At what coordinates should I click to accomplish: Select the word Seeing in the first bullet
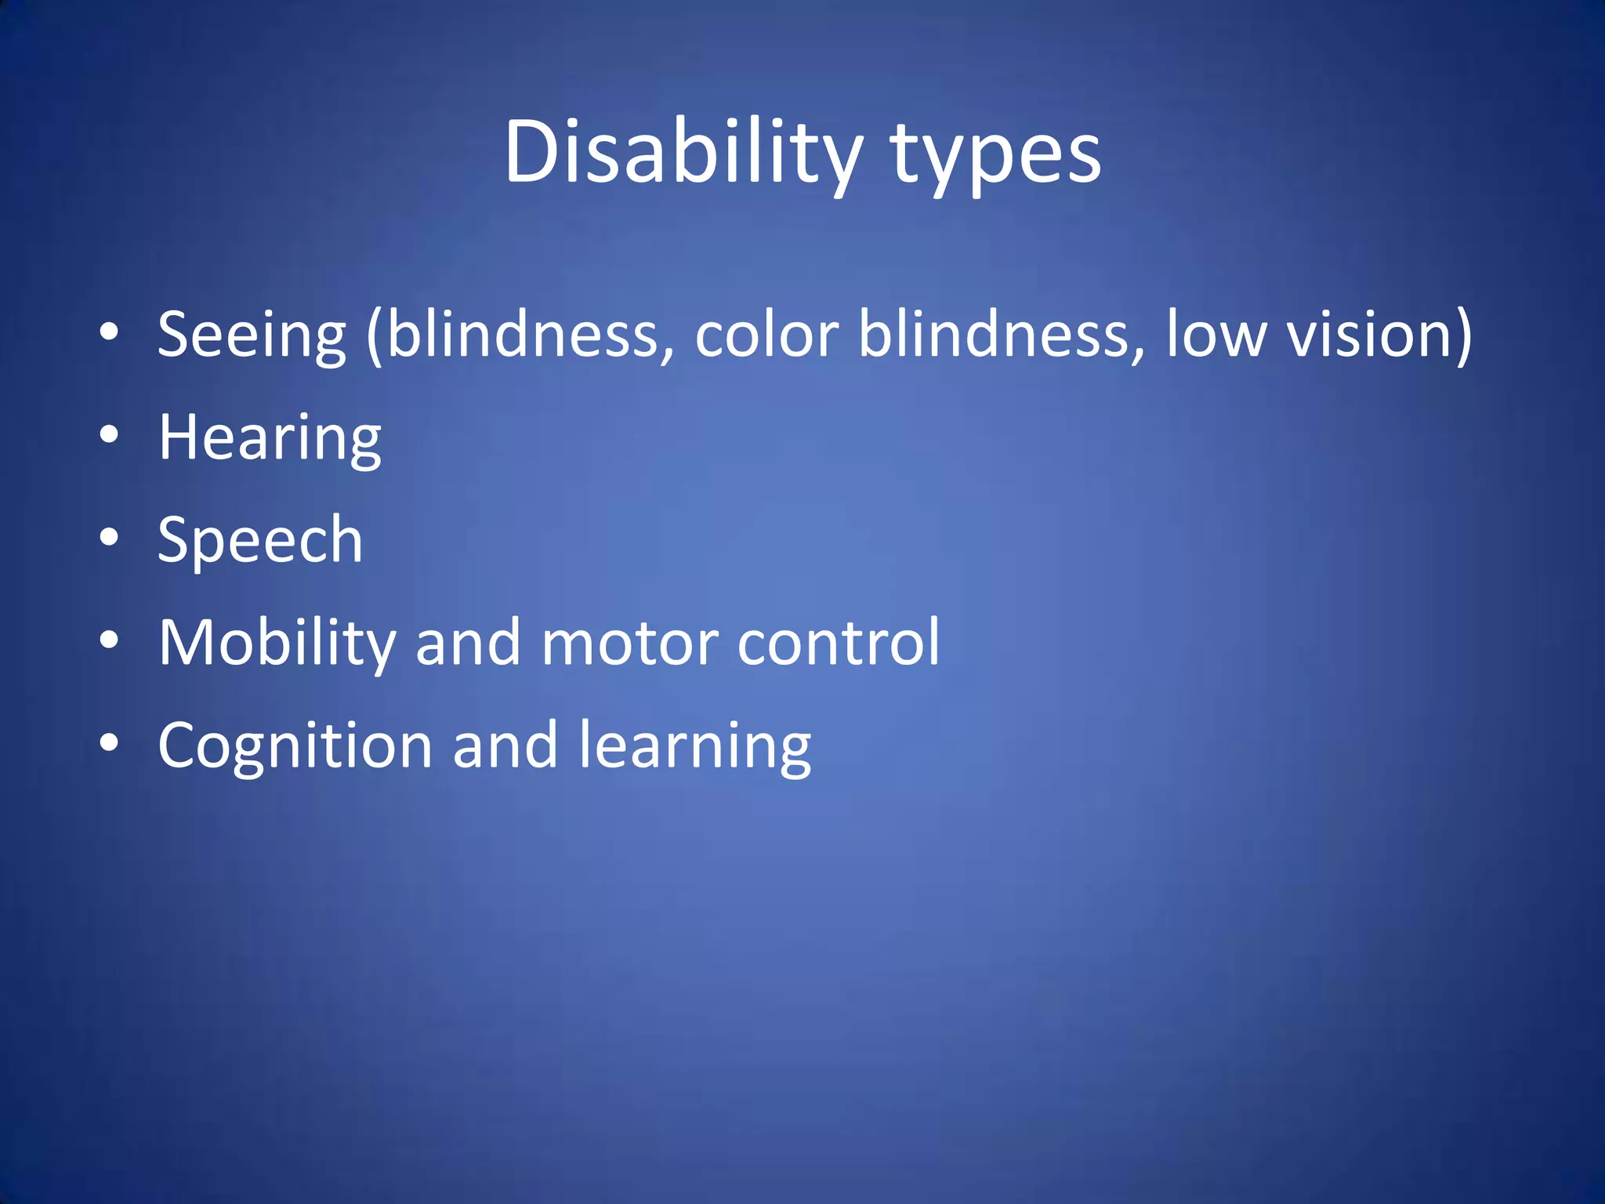[252, 335]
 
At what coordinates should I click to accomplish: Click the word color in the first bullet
[766, 335]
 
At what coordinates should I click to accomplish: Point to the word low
[1216, 335]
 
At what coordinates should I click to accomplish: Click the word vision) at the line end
[1379, 335]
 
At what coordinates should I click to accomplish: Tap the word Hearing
[270, 439]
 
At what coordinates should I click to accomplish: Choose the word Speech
[260, 541]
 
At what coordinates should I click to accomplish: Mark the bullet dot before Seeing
[109, 332]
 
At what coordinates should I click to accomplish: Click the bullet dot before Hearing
[109, 435]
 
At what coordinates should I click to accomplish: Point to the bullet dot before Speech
[109, 538]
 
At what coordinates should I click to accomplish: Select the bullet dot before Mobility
[109, 640]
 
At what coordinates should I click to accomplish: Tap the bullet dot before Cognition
[109, 743]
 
